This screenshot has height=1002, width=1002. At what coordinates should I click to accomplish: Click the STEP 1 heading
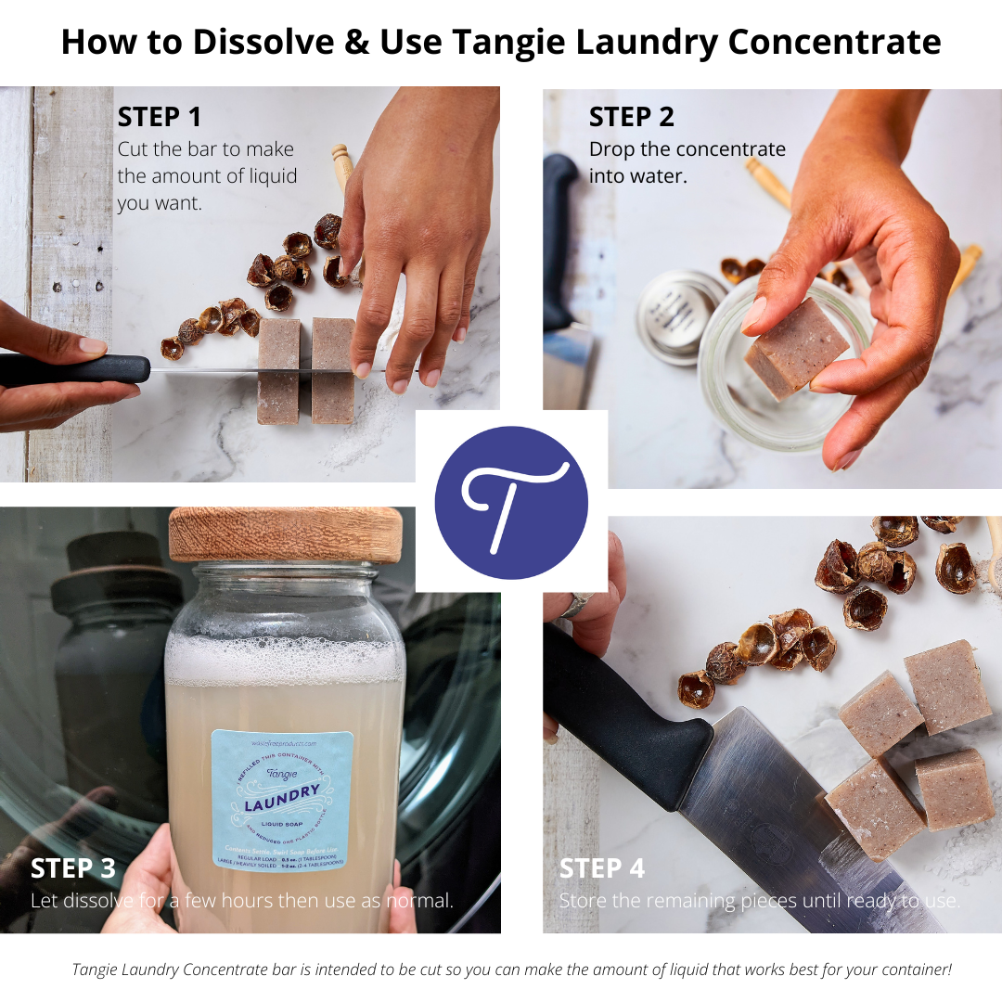click(x=159, y=117)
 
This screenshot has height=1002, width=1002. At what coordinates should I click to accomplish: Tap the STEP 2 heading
click(x=632, y=117)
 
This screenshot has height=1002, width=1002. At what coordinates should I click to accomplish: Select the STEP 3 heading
click(x=73, y=868)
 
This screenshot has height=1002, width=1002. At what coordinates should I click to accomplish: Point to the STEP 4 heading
click(x=602, y=868)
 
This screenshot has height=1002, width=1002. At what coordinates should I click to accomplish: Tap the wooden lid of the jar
click(x=285, y=533)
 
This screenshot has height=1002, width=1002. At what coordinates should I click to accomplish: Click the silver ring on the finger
click(x=572, y=605)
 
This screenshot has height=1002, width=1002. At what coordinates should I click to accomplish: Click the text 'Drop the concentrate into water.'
click(x=687, y=161)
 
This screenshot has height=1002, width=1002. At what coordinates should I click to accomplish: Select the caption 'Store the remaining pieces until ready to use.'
click(x=759, y=901)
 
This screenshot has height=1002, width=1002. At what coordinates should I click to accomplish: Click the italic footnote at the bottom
click(x=512, y=970)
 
